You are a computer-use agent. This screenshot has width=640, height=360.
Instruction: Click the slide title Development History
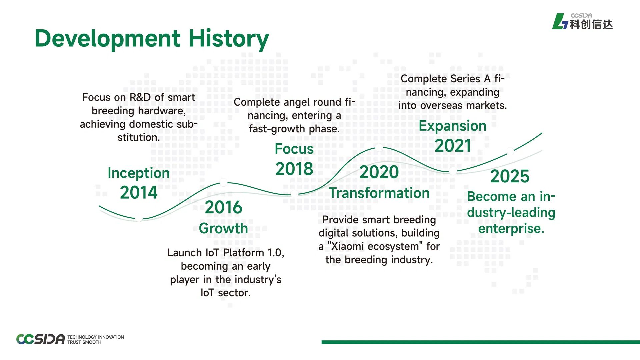coord(152,39)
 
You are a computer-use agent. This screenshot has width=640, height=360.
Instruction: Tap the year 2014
coord(139,192)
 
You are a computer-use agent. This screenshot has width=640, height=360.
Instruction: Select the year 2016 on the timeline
coord(223,207)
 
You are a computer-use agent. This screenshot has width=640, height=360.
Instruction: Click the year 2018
coord(294,169)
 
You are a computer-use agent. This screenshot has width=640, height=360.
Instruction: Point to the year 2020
coord(379,172)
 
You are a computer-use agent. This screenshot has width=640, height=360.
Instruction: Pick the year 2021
coord(453,146)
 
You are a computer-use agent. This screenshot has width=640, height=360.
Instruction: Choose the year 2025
coord(510,176)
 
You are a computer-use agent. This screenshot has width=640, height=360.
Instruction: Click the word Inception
coord(139,173)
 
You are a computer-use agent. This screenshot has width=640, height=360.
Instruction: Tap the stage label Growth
coord(223,228)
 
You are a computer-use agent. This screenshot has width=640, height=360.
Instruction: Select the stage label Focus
coord(294,149)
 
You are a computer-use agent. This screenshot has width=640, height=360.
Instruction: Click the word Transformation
coord(379,193)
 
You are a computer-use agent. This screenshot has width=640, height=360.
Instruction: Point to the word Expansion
coord(453,126)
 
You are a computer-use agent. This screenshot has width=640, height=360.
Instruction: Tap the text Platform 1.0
coord(253,253)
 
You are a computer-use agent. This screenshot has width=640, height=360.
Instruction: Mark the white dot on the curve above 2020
coord(379,148)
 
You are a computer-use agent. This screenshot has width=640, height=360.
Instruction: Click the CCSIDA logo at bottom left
coord(40,339)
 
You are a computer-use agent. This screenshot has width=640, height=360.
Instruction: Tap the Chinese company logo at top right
coord(582,21)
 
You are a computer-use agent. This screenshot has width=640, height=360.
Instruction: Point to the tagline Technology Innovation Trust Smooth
coord(96,340)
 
